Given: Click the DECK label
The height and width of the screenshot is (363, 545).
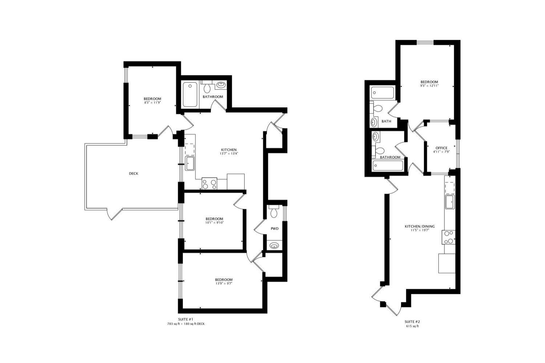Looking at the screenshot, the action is (x=134, y=173).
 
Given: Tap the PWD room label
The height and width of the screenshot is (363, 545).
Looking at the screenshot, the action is (x=275, y=229).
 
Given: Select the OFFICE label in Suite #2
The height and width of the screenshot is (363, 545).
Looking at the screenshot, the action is (x=441, y=148).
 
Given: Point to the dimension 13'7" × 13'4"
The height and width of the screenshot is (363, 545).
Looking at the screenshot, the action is (x=229, y=153).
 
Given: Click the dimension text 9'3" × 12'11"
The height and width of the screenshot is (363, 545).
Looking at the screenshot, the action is (x=429, y=86).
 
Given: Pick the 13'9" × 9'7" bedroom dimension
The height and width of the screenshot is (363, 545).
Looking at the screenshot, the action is (x=224, y=283).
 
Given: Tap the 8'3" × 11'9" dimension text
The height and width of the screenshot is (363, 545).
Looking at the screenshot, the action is (x=153, y=103).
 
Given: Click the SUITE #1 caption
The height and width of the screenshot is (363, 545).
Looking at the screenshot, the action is (x=186, y=319).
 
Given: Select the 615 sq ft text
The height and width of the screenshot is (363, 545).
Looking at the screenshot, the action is (x=412, y=326).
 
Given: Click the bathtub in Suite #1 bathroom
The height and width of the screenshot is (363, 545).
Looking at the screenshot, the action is (x=190, y=94).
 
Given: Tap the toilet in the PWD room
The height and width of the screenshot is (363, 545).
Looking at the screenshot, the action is (x=274, y=211).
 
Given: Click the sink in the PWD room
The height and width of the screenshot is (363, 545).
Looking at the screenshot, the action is (x=274, y=246).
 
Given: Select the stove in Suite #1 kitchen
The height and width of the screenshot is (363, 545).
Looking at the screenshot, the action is (x=209, y=184).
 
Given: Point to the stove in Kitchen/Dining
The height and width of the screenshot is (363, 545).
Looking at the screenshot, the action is (x=449, y=237).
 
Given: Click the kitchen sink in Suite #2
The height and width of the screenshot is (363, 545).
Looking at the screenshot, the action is (x=450, y=202).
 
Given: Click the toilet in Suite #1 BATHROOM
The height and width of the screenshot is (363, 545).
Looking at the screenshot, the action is (x=207, y=87).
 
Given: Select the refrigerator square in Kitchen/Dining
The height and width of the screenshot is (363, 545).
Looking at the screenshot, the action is (x=447, y=263).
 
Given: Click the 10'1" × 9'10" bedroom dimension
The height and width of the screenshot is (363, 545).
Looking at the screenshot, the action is (x=214, y=222).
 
